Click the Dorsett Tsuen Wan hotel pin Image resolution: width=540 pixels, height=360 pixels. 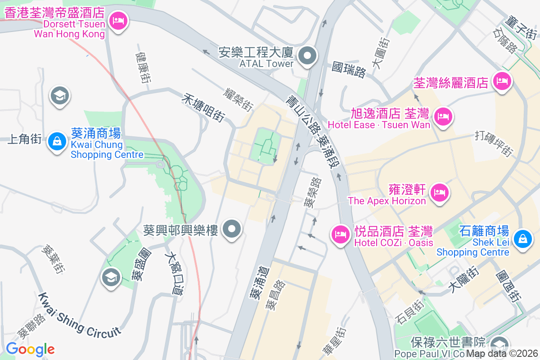pyautogui.click(x=119, y=21)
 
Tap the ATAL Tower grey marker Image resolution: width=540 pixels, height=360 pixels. pyautogui.click(x=308, y=57)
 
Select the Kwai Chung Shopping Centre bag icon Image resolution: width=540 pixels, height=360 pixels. pyautogui.click(x=57, y=141)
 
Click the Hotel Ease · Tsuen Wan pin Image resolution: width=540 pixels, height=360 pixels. pyautogui.click(x=443, y=117)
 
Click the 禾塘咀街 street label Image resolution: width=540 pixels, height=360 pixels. pyautogui.click(x=203, y=108)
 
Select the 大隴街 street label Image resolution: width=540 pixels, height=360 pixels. pyautogui.click(x=464, y=280)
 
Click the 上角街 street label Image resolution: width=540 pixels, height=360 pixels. pyautogui.click(x=25, y=139)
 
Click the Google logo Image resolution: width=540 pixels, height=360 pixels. pyautogui.click(x=30, y=349)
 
